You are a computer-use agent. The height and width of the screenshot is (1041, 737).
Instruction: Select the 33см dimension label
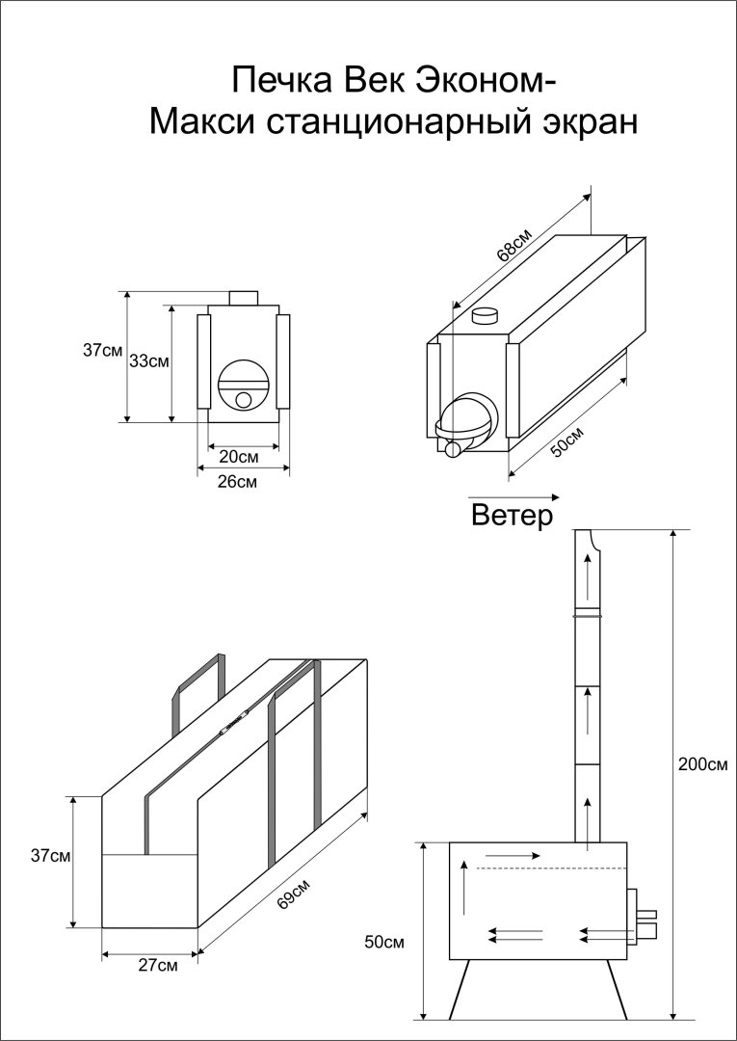pos(149,361)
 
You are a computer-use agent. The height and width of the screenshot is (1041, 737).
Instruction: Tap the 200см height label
pos(702,764)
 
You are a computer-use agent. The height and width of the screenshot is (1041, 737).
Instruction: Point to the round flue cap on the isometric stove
pos(487,314)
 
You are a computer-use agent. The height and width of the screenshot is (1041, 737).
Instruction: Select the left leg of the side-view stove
pos(460,988)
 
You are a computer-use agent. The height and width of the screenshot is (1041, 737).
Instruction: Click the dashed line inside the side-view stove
pos(530,869)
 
